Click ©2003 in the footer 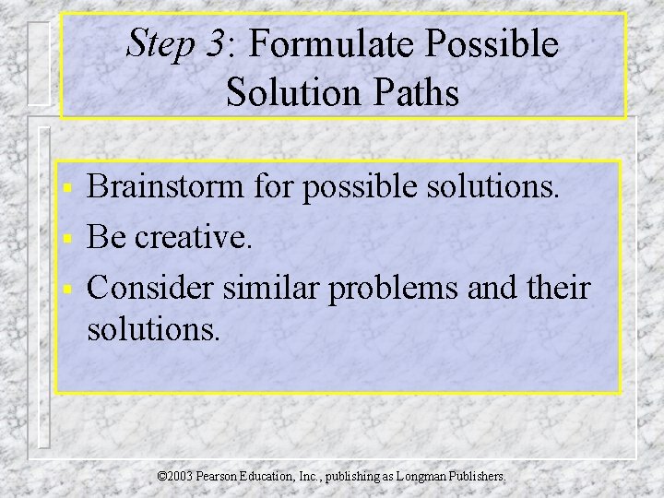pos(174,477)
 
